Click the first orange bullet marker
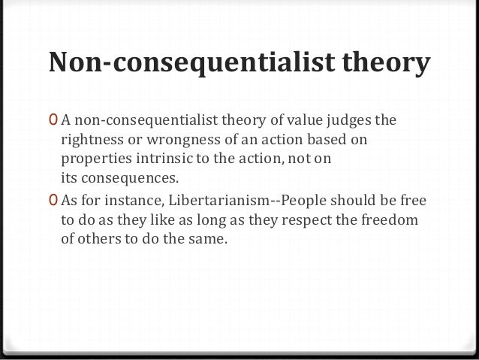click(50, 121)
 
